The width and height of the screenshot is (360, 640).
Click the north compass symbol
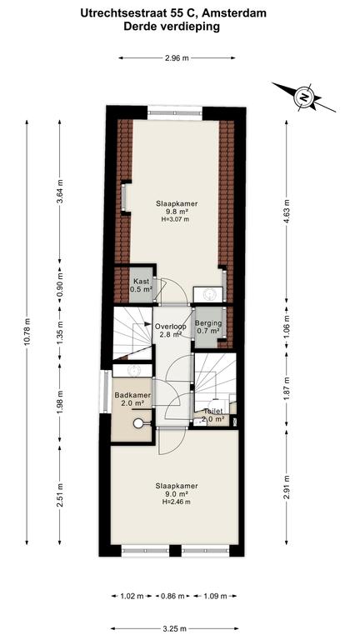click(304, 97)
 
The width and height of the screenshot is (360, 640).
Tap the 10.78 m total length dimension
click(27, 332)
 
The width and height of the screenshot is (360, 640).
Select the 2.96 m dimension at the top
click(177, 58)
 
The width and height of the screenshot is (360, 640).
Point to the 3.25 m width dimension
click(173, 628)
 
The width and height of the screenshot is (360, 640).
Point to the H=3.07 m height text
click(176, 219)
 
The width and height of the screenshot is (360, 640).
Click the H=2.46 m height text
click(177, 502)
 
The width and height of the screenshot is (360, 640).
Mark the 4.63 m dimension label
click(287, 210)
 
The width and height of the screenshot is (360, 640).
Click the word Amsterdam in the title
click(234, 13)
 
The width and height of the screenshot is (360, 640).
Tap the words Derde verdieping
click(172, 27)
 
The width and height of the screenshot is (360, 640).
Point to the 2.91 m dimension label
click(287, 487)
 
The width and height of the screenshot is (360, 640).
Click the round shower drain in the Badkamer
click(138, 423)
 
